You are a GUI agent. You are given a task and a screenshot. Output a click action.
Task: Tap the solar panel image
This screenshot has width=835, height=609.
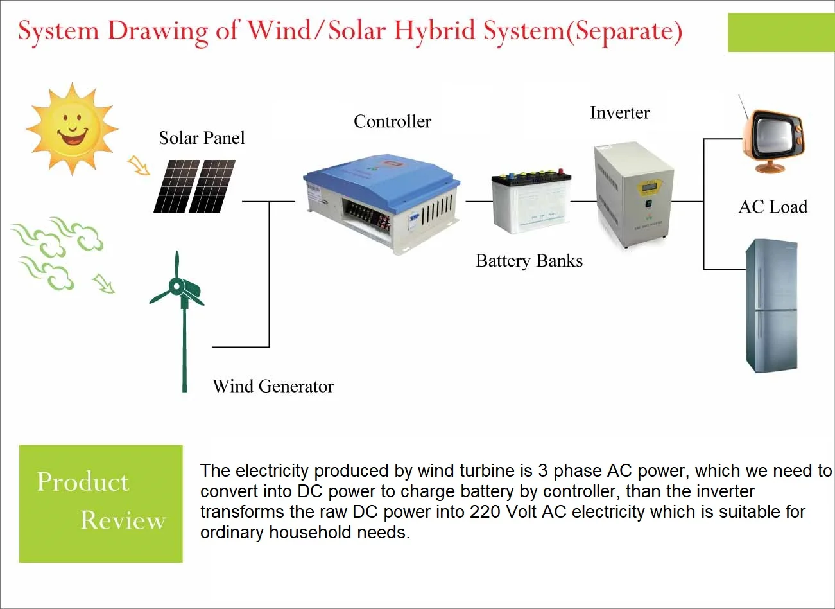point(194,186)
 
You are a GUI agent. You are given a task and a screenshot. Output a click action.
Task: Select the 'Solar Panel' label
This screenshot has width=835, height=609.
point(202,138)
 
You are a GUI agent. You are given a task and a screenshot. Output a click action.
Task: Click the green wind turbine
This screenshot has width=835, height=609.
point(180,302)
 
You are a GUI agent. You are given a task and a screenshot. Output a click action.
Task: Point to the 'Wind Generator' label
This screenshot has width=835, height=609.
point(273,386)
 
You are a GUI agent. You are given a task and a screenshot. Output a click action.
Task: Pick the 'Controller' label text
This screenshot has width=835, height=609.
point(392,121)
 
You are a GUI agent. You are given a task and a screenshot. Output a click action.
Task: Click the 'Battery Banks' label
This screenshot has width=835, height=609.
point(529,261)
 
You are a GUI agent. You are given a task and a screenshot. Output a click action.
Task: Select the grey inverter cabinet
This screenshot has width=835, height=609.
point(633,195)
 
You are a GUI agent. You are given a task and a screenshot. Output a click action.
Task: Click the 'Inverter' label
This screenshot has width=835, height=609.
point(619,113)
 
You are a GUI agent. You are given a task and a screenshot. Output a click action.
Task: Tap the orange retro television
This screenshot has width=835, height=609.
point(773,138)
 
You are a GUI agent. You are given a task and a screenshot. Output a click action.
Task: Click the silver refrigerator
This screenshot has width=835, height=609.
point(771,305)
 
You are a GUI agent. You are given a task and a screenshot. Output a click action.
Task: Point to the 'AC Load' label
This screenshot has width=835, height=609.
point(772,207)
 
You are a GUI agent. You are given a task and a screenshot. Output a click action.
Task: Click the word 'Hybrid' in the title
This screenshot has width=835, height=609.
point(434,31)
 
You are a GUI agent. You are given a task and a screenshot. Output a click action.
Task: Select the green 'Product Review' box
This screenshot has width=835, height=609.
point(101,504)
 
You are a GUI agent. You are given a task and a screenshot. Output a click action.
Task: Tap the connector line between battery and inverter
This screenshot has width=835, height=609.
point(583,201)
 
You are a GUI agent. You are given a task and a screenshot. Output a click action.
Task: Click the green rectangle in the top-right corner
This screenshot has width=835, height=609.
point(780,33)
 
